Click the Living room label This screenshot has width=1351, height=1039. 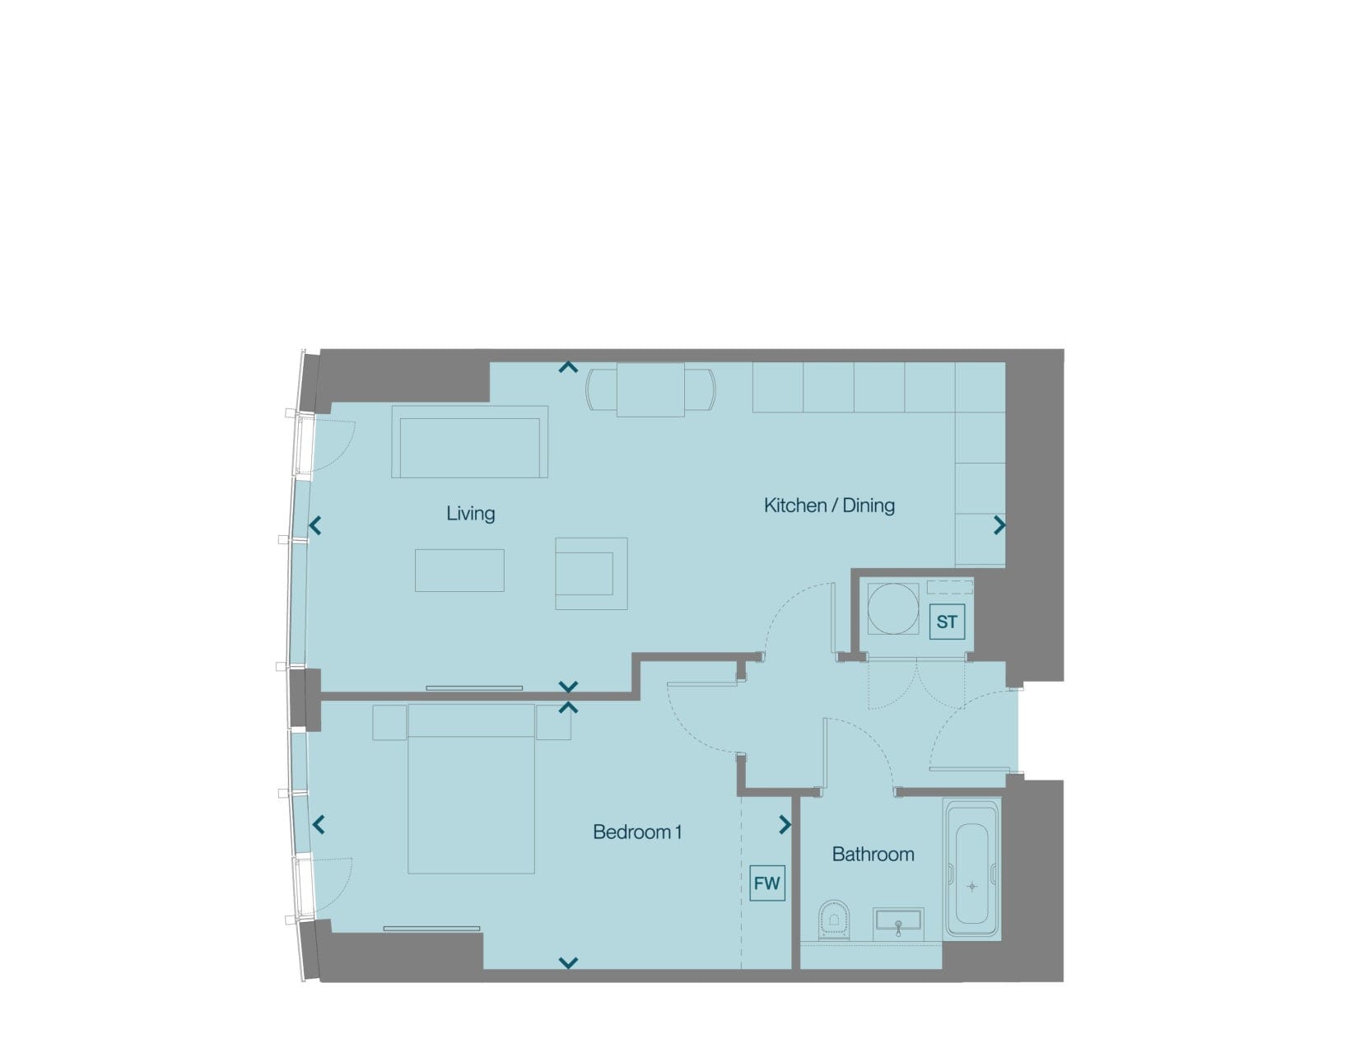pyautogui.click(x=471, y=514)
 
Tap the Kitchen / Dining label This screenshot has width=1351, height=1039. pyautogui.click(x=829, y=506)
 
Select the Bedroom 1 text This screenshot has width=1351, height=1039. pyautogui.click(x=637, y=832)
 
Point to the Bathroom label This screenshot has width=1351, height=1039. pyautogui.click(x=873, y=855)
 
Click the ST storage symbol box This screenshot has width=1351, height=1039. pyautogui.click(x=947, y=622)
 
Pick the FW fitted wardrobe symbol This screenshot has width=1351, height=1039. pyautogui.click(x=767, y=883)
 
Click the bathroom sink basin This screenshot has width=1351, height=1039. pyautogui.click(x=898, y=925)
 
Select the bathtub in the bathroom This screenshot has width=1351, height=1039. pyautogui.click(x=971, y=869)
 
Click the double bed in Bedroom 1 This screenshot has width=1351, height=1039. pyautogui.click(x=471, y=789)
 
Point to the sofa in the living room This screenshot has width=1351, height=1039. pyautogui.click(x=469, y=442)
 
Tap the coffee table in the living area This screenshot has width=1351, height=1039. pyautogui.click(x=459, y=571)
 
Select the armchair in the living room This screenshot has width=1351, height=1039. pyautogui.click(x=591, y=573)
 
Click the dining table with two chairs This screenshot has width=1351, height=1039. pyautogui.click(x=650, y=390)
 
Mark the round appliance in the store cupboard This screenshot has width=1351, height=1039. pyautogui.click(x=892, y=608)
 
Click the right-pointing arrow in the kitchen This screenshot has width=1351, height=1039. pyautogui.click(x=999, y=525)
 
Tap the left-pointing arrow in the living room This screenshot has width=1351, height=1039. pyautogui.click(x=315, y=525)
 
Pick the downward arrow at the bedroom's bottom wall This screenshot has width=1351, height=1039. pyautogui.click(x=568, y=963)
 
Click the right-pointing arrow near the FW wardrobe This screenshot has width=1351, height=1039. pyautogui.click(x=785, y=825)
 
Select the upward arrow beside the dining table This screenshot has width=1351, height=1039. pyautogui.click(x=568, y=367)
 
